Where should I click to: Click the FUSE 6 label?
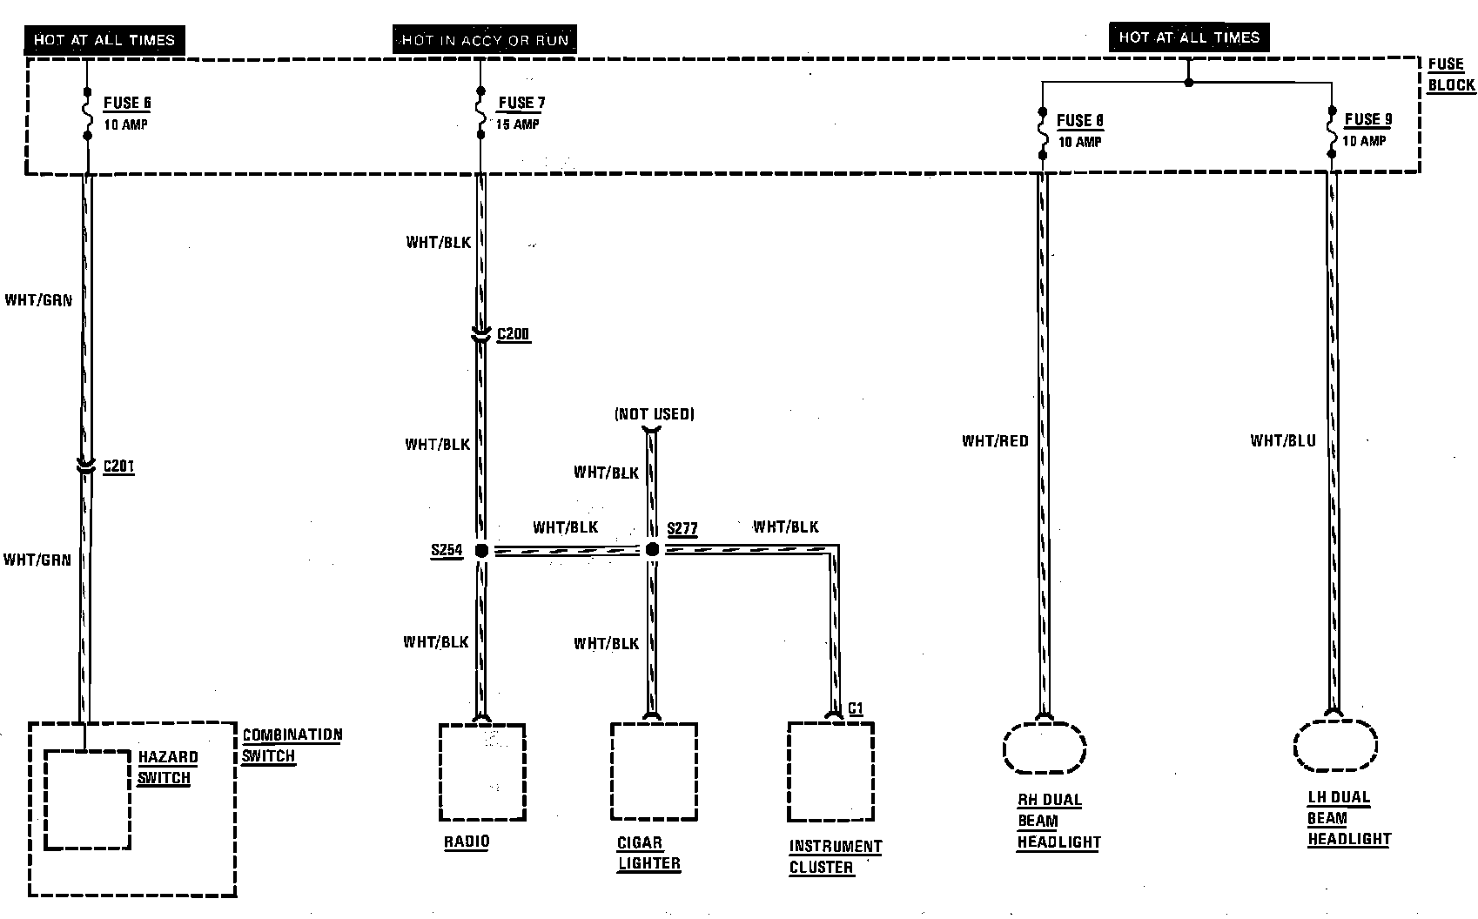coord(127,103)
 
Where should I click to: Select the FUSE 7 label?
coord(521,103)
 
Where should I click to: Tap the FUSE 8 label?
coord(1079,120)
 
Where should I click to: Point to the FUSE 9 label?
coord(1367,119)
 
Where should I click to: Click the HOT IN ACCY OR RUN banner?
coord(485,40)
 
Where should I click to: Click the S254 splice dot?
coord(480,550)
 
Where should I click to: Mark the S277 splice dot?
coord(652,550)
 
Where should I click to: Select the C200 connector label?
coord(513,334)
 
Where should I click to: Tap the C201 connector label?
coord(118,466)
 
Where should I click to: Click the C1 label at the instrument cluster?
coord(855,708)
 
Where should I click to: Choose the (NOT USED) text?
coord(655,414)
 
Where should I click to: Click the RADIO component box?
coord(482,772)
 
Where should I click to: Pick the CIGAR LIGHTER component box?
coord(654,772)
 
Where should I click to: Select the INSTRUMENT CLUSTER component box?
coord(830,772)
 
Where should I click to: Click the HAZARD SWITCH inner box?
coord(86,799)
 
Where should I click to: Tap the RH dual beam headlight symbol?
coord(1044,748)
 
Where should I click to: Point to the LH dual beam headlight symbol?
coord(1334,746)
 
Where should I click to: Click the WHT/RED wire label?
coord(995,441)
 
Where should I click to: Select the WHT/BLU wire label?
coord(1283,440)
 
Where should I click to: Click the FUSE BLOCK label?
coord(1451,74)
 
